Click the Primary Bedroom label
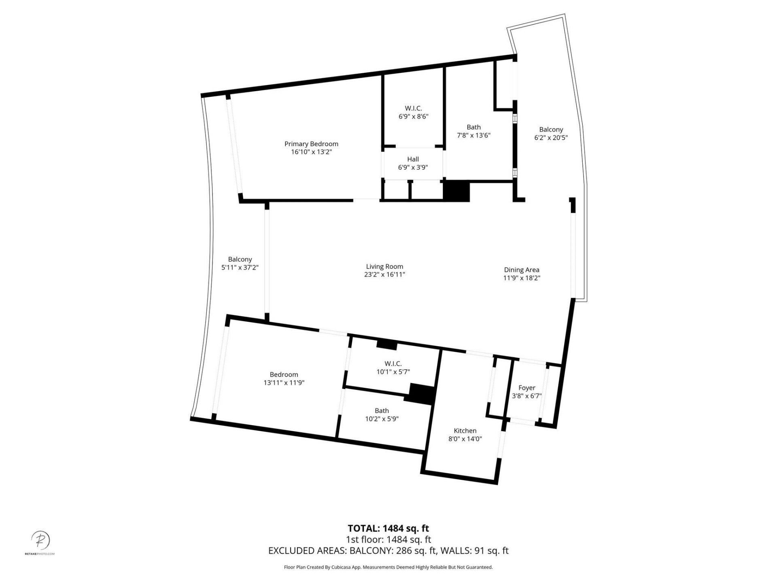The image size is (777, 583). tap(311, 144)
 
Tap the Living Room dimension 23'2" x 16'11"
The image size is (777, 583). tap(384, 274)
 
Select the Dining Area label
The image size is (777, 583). tap(522, 270)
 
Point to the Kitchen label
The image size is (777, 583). tap(465, 431)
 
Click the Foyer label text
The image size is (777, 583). tap(526, 388)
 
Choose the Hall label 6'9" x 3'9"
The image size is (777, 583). tap(413, 163)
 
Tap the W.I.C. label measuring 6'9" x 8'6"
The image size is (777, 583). tap(413, 112)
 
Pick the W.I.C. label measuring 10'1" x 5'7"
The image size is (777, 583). tap(393, 368)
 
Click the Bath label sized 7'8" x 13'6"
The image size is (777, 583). tap(473, 131)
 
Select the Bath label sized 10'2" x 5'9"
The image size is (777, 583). tap(382, 415)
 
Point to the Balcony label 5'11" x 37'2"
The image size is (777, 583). tap(240, 263)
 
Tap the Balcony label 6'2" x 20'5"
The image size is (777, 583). tap(551, 133)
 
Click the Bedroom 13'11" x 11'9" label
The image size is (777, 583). tap(284, 379)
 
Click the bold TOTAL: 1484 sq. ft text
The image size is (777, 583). tap(388, 528)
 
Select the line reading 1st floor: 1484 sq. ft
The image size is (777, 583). tap(388, 540)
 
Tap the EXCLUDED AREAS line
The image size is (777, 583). tap(388, 551)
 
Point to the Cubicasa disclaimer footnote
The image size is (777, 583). tap(388, 567)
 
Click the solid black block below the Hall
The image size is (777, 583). tap(456, 191)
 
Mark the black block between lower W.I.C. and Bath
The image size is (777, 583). tap(422, 394)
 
